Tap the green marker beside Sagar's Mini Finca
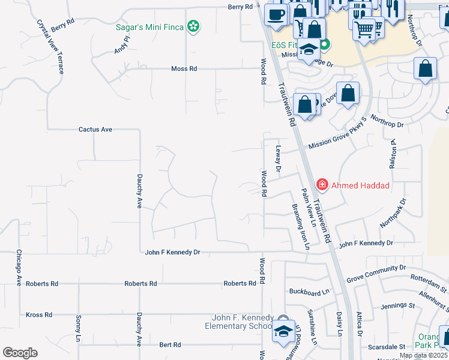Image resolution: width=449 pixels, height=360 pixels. [193, 26]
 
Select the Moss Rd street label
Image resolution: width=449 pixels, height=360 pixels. [184, 69]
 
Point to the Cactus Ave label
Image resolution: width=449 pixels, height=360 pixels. [95, 129]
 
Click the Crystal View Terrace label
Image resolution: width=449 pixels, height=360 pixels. [50, 47]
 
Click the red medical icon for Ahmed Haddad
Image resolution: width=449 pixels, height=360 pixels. [322, 185]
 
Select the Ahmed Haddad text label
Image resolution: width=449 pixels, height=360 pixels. [360, 185]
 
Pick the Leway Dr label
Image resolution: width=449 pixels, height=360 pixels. [278, 158]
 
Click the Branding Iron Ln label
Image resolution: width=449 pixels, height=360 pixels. [300, 227]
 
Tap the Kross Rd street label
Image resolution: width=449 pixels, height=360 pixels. [39, 314]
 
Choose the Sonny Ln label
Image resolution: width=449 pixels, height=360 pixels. [78, 328]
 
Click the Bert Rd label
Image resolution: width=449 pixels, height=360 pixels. [170, 345]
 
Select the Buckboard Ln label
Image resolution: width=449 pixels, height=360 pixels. [310, 292]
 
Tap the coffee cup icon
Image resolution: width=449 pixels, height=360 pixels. [276, 14]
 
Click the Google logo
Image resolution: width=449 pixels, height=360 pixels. [20, 353]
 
